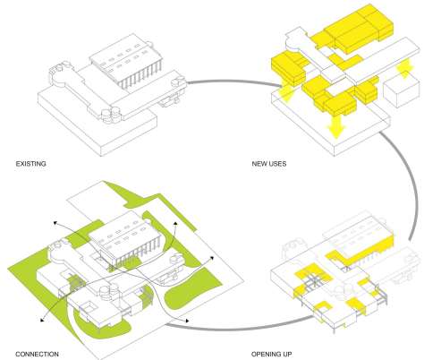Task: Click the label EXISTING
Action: (x=31, y=164)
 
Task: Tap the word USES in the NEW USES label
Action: (x=277, y=164)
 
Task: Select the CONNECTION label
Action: (x=37, y=354)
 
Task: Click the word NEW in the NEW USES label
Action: (x=259, y=164)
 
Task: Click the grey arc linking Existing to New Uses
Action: (x=233, y=81)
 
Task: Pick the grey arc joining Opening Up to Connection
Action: (x=239, y=329)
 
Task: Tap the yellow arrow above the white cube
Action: (x=404, y=69)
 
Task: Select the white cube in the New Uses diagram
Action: (x=399, y=92)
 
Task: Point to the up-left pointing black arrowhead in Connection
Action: (x=55, y=222)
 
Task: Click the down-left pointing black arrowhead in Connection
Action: (x=42, y=320)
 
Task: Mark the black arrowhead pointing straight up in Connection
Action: (x=175, y=223)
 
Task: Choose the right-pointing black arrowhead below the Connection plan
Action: (x=187, y=321)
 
